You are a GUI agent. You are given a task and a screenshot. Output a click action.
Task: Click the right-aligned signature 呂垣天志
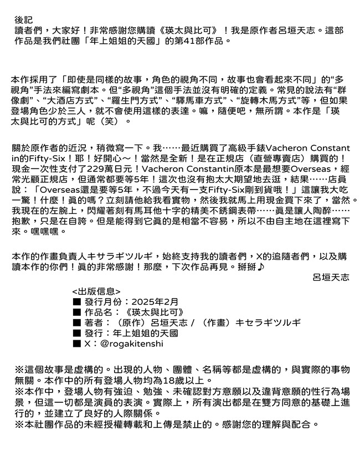click(331, 278)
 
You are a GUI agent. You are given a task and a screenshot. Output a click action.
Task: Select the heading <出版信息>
click(96, 290)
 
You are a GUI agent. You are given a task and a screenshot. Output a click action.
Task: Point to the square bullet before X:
click(77, 344)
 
